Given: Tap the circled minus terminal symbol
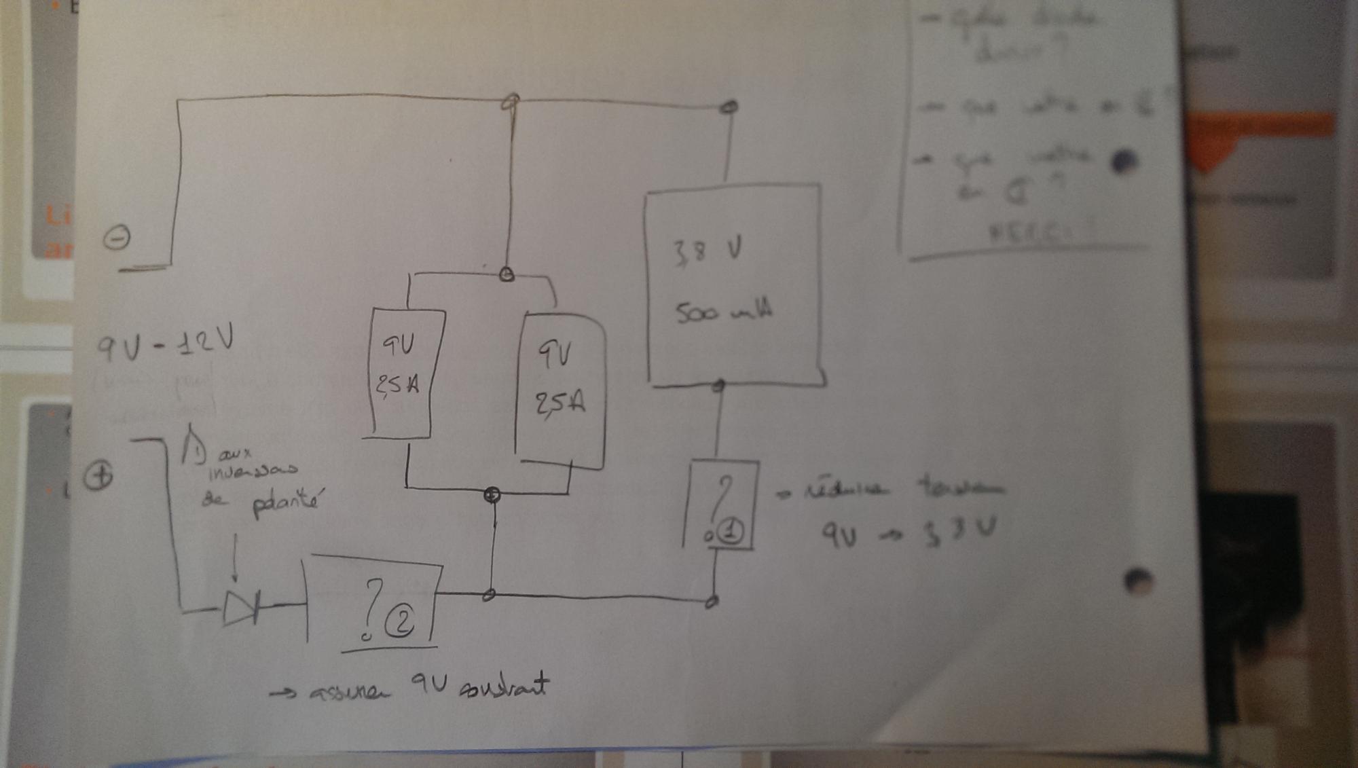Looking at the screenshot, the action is point(117,238).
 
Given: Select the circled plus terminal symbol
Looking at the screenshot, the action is point(98,475).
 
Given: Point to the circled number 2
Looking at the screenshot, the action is point(400,621).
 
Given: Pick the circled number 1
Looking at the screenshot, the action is point(731,531).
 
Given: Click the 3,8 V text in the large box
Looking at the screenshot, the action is point(707,251).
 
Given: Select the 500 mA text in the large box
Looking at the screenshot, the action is point(723,312).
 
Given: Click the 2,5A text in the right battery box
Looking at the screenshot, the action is point(559,403).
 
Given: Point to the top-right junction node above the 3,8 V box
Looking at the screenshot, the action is point(729,107).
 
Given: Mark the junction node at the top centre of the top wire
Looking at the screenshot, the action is point(511,102).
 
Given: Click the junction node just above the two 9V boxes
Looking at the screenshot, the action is point(507,274).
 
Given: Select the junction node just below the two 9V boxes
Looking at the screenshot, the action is point(492,494).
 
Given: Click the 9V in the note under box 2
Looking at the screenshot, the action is point(429,684).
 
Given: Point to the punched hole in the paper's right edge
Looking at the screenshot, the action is point(1139,581).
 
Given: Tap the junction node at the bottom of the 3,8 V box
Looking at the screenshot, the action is point(718,386).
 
